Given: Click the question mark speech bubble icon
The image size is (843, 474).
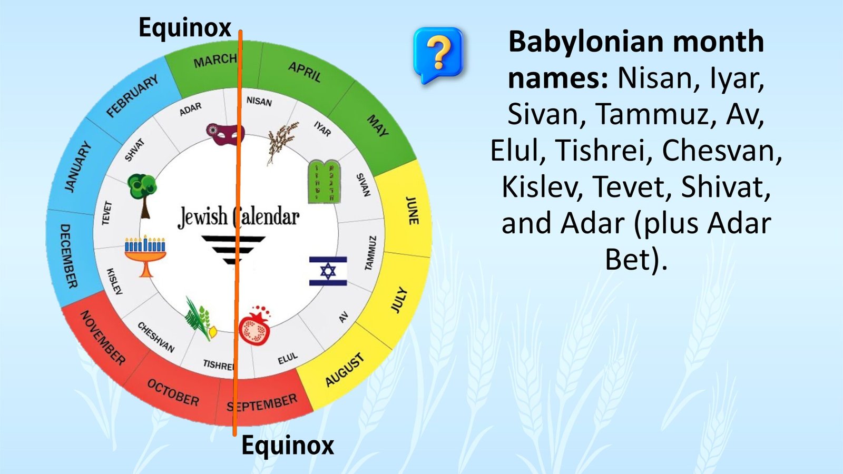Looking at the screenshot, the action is point(438,55).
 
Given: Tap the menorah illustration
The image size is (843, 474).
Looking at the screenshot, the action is point(145,256).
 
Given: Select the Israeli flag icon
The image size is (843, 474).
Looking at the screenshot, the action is point(328,271).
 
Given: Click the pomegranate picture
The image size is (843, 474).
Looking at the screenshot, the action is point(255,326).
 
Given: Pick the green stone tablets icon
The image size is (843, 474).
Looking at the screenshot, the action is point(324,182).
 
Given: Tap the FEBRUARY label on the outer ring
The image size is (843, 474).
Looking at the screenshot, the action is point(132,96).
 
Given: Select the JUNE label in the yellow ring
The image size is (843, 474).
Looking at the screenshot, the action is point(412,211).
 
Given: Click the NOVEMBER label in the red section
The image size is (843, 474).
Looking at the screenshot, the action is point(103,338).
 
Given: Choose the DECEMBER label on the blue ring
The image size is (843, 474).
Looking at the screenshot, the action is point(68,256).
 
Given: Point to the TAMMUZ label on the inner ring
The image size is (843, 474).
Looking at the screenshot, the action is point(370,253).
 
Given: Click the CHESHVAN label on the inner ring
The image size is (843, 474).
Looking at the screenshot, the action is point(156,337).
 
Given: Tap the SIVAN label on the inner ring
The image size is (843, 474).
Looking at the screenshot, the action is point(364,185).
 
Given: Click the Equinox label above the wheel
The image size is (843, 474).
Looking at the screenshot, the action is point(185,27).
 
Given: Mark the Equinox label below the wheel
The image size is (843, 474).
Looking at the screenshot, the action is point(288,445).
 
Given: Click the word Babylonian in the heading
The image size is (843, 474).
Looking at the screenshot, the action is point(586,42).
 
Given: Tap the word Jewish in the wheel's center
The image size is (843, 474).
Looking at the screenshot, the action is point(202,217).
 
